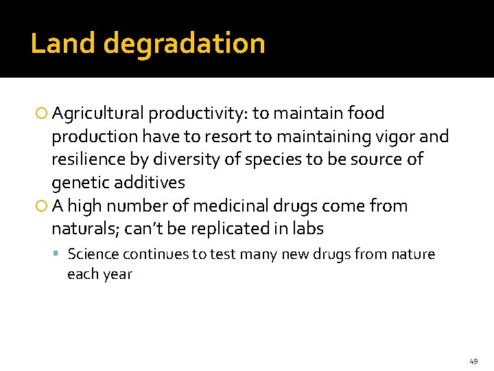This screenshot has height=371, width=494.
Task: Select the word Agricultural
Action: (98, 113)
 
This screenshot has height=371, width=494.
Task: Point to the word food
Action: (366, 113)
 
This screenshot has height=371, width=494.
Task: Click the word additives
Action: (150, 183)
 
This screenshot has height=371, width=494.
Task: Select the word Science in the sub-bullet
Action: (93, 254)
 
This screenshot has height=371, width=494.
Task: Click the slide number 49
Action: (473, 361)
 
